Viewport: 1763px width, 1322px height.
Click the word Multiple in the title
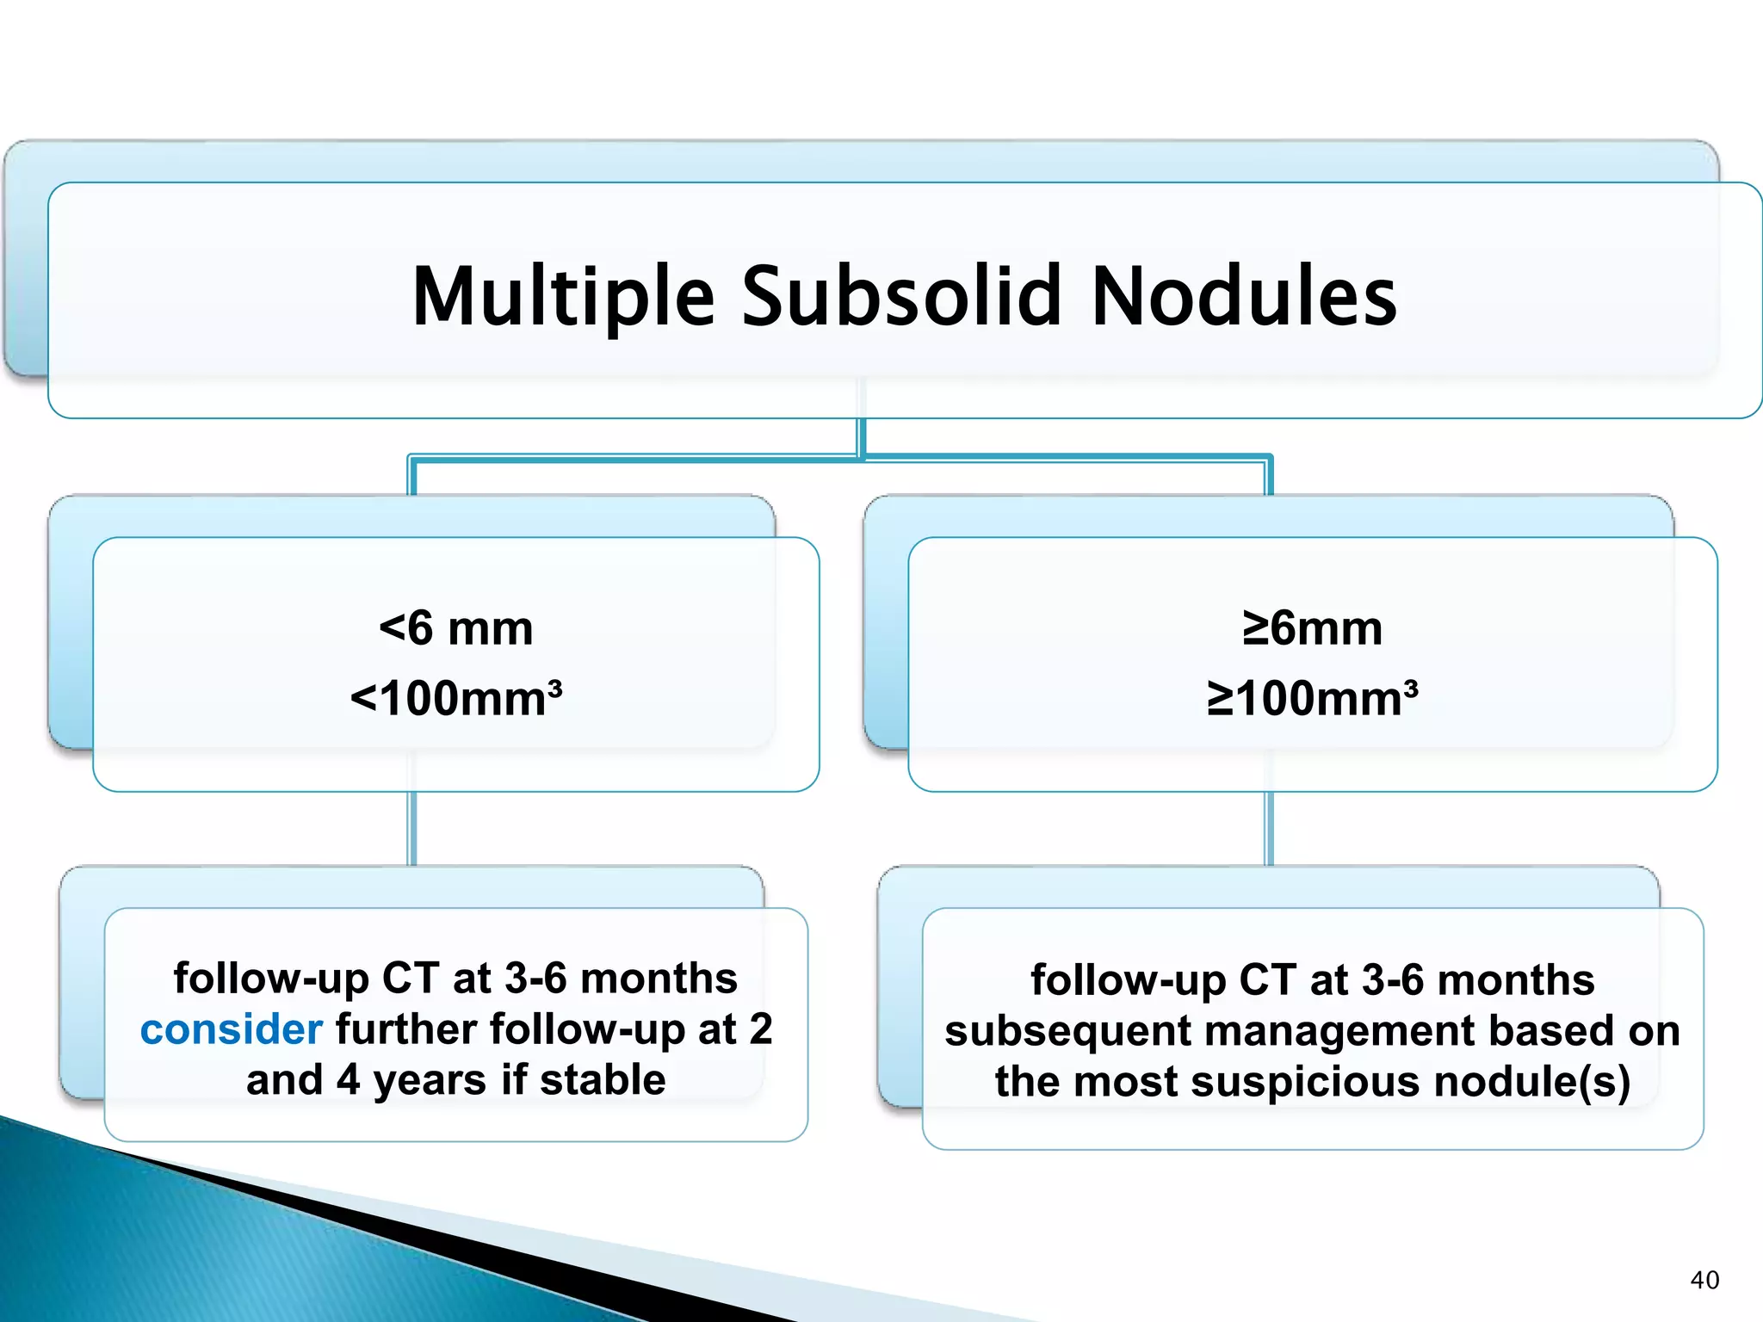(x=564, y=297)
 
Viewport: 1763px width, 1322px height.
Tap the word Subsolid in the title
(x=901, y=297)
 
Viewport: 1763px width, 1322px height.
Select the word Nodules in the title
(x=1244, y=297)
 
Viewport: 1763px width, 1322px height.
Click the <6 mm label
(x=456, y=628)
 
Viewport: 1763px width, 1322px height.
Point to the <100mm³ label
(x=456, y=698)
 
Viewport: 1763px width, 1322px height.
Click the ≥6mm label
(x=1312, y=628)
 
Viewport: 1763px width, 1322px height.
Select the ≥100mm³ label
(x=1312, y=698)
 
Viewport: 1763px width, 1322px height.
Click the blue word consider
(x=231, y=1029)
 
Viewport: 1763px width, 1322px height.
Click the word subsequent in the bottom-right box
(x=1067, y=1031)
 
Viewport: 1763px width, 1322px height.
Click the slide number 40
(x=1704, y=1280)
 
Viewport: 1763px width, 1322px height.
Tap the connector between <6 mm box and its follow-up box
(x=412, y=828)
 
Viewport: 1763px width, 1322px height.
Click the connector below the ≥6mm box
(x=1269, y=828)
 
